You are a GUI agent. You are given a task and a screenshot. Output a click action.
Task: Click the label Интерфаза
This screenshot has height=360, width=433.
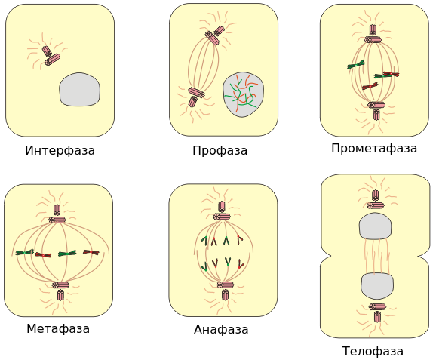point(60,151)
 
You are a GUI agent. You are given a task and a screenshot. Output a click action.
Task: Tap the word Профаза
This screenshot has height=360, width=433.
point(220,151)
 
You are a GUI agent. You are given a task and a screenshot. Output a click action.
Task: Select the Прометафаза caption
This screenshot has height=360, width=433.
point(374,149)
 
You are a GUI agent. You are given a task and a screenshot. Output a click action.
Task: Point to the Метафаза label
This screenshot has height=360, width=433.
point(58,329)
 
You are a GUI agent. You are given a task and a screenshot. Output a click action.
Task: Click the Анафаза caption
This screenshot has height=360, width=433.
point(221,329)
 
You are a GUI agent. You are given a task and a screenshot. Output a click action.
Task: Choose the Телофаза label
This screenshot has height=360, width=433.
point(373,351)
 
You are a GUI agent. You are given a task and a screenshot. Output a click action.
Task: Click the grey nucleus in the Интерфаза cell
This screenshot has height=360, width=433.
point(79,89)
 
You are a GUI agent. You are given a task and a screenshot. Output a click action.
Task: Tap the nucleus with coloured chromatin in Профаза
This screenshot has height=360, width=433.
point(244,94)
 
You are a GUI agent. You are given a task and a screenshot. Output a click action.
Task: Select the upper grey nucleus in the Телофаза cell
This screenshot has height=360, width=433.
point(375,226)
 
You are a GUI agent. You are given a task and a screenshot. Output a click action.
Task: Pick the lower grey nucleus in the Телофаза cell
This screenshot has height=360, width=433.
point(377,286)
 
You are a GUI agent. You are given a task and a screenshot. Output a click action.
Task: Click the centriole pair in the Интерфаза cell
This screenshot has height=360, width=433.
point(51,56)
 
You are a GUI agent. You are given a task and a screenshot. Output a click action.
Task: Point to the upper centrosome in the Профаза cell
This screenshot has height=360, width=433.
point(214,35)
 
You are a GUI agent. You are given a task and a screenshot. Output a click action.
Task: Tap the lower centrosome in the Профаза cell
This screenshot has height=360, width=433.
point(196,97)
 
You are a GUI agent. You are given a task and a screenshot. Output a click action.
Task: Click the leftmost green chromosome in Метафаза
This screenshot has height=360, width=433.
point(25,252)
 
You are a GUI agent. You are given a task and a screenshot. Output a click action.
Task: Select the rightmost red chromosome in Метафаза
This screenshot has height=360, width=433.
point(91,252)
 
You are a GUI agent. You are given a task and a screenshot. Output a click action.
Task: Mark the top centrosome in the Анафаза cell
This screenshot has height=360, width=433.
point(222,211)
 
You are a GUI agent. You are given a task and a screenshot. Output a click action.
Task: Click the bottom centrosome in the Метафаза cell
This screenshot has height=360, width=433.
point(60,291)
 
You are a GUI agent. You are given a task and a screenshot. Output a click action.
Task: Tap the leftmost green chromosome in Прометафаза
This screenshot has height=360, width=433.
point(356,65)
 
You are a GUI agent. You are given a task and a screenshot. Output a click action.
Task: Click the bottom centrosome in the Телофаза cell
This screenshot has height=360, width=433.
point(377,312)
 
